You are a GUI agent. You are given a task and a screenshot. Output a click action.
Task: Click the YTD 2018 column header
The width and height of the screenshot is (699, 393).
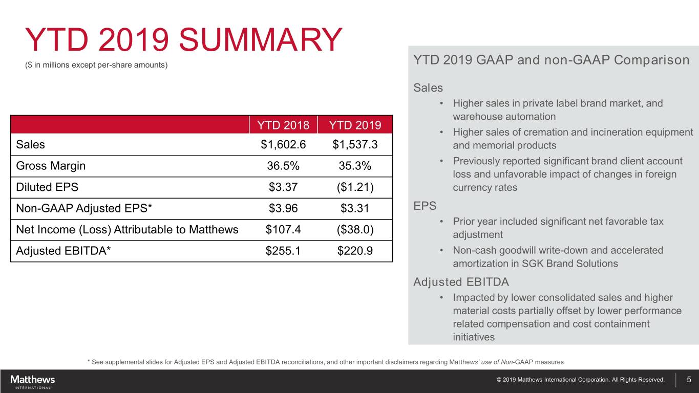click(x=283, y=125)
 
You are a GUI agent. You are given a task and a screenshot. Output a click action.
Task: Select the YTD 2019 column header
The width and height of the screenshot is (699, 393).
click(x=355, y=125)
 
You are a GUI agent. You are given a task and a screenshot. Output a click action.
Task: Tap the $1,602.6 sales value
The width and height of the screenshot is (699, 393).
click(x=283, y=145)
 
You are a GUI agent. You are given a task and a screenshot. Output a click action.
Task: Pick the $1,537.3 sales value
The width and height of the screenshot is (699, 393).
click(x=355, y=145)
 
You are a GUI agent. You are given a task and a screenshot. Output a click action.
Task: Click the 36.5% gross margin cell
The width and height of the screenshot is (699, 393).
click(x=283, y=166)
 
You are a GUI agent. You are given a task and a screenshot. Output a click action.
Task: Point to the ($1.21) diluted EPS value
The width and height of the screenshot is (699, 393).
click(x=355, y=187)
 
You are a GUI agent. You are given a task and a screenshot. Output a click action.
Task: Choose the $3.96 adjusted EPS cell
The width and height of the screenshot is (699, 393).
click(x=283, y=209)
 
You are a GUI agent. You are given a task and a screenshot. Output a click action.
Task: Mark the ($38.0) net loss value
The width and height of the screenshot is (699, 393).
click(x=355, y=230)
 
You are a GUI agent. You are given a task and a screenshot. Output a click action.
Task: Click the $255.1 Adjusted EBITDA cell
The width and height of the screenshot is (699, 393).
click(x=283, y=251)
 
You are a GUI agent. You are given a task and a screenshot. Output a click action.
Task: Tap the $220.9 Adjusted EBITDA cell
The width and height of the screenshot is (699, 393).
click(x=355, y=251)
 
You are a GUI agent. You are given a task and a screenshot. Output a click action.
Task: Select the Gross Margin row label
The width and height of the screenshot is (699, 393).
click(x=51, y=166)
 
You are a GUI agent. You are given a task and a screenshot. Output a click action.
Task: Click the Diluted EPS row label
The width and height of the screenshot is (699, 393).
click(x=47, y=187)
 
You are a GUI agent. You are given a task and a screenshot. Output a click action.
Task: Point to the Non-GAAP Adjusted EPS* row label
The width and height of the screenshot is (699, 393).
click(x=84, y=209)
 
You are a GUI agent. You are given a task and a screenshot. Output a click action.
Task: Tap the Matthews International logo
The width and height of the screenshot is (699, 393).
click(x=32, y=381)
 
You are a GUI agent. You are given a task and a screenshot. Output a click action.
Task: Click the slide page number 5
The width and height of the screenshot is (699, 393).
click(x=689, y=380)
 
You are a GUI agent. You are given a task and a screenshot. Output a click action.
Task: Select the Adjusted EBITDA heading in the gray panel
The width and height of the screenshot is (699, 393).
click(x=461, y=282)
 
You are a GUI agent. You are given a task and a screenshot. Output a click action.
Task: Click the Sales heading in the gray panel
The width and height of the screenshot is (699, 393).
click(x=428, y=88)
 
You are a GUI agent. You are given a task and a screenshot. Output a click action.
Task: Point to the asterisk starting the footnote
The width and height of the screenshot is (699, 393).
click(x=89, y=361)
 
